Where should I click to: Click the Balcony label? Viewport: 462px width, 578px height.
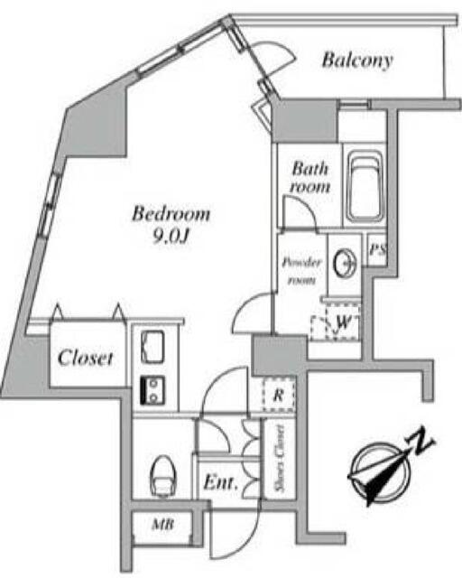(357, 61)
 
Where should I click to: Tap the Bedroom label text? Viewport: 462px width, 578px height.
(171, 214)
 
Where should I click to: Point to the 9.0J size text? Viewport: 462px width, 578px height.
(171, 237)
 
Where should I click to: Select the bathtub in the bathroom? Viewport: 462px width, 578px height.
(365, 187)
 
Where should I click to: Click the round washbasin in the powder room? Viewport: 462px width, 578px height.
(346, 263)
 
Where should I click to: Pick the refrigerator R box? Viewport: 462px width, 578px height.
(279, 396)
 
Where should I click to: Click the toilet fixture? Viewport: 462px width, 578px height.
(163, 478)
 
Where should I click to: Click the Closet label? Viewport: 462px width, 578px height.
(85, 358)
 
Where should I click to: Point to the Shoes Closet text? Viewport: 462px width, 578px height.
(280, 459)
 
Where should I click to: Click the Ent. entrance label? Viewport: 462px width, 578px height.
(220, 481)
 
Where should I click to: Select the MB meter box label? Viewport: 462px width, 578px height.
(162, 524)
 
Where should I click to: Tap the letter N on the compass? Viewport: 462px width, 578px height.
(420, 441)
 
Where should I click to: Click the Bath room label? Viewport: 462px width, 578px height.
(310, 178)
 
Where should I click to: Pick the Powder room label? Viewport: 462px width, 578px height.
(301, 271)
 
